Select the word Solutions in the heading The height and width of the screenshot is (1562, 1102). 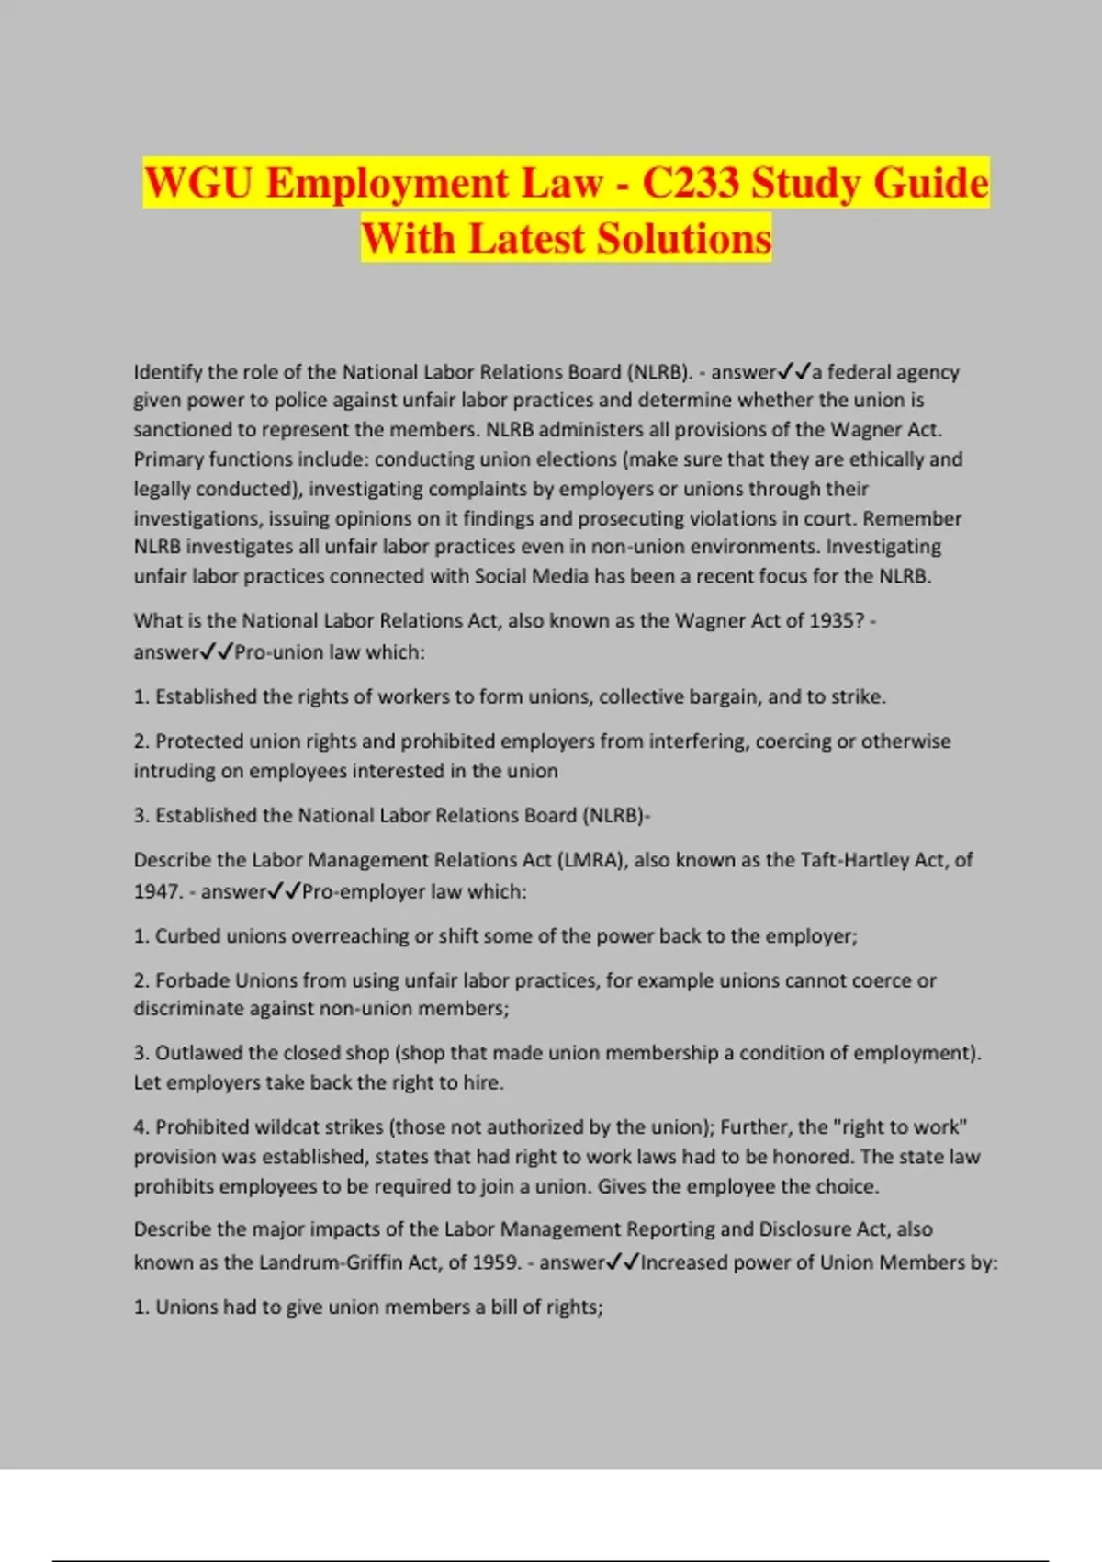684,239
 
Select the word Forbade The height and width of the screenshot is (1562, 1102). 191,980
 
